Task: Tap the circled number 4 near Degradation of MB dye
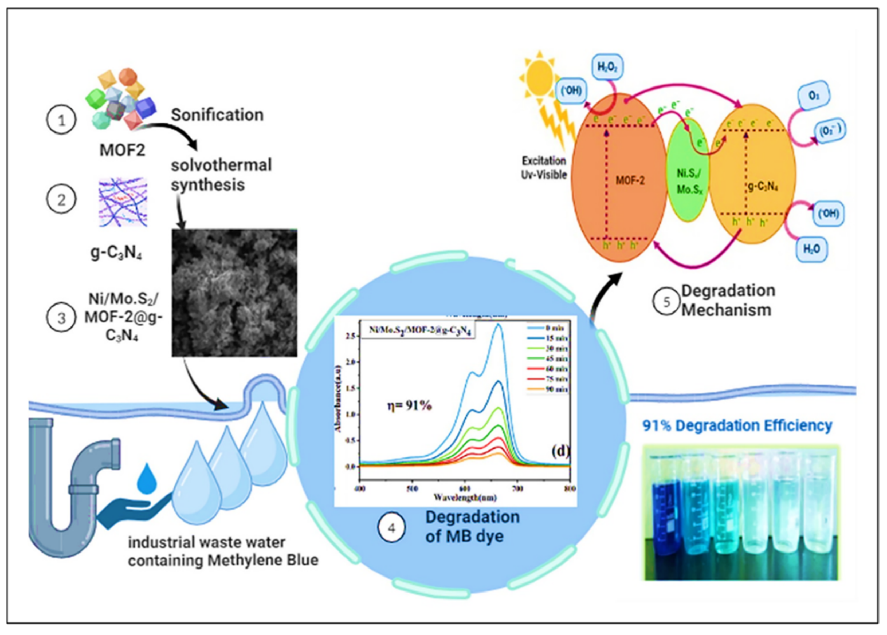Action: coord(391,528)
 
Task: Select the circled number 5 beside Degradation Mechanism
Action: coord(666,301)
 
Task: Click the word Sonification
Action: coord(217,115)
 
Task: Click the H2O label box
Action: coord(811,249)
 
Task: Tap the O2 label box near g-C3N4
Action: coord(814,95)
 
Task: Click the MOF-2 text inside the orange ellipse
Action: coord(630,181)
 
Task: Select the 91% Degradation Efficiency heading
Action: coord(737,425)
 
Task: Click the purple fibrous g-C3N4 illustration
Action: coord(123,202)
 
